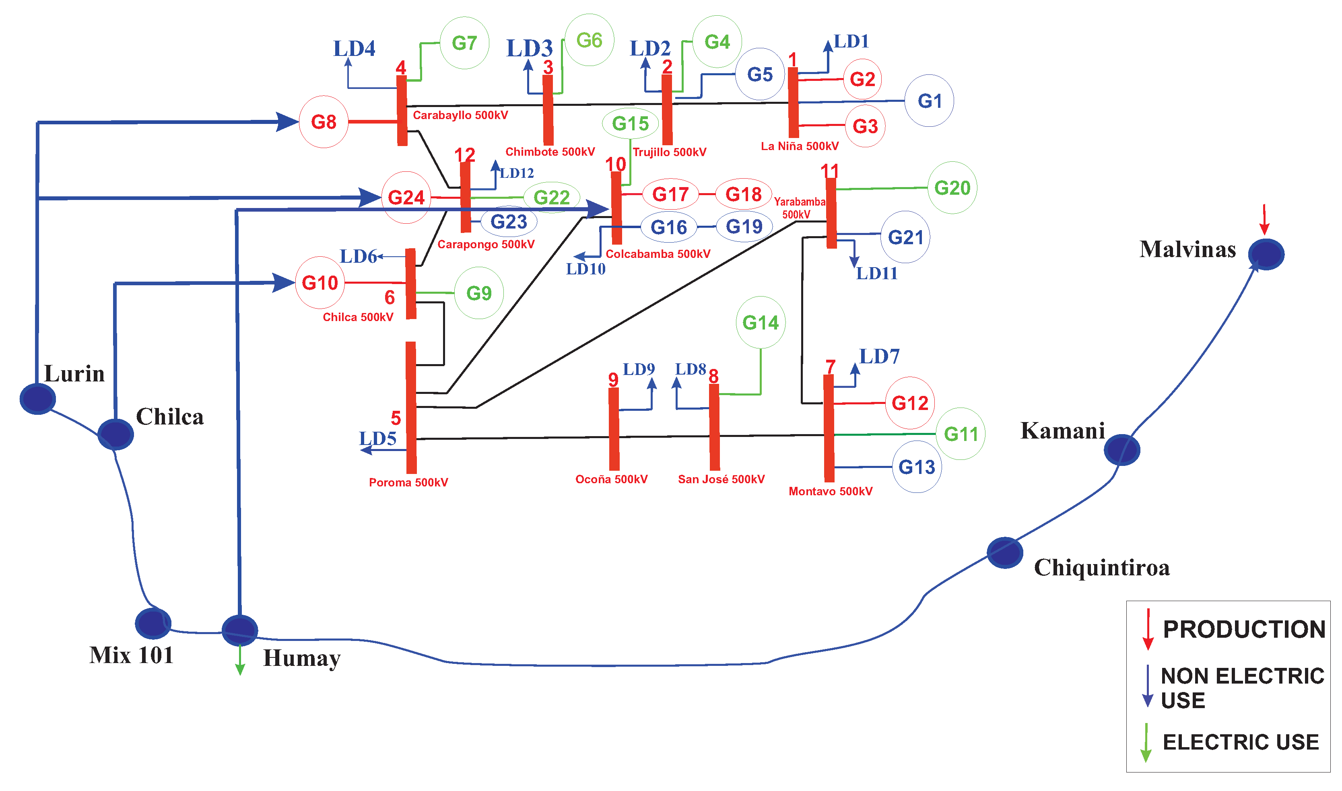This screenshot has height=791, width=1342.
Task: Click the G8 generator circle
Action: coord(324,122)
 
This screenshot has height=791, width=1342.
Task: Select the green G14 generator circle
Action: coord(761,323)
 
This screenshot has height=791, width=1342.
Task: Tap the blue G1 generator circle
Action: coord(929,101)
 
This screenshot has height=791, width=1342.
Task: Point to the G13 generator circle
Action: coord(917,467)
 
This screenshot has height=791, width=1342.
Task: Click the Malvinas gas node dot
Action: coord(1266,254)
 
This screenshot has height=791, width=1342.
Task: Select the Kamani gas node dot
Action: coord(1121,450)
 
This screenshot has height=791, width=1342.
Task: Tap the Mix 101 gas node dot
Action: coord(153,623)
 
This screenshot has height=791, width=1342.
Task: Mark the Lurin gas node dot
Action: coord(38,399)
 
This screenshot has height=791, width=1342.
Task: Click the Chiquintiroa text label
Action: coord(1102,568)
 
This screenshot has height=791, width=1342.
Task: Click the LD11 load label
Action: coord(877,274)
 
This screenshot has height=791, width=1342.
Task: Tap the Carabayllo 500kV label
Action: coord(460,115)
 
